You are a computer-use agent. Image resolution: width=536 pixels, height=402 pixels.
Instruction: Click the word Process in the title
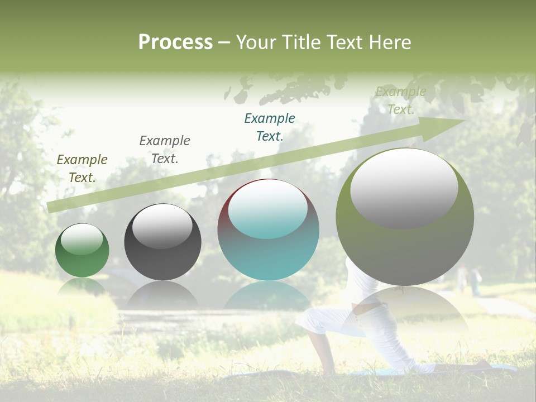tap(175, 42)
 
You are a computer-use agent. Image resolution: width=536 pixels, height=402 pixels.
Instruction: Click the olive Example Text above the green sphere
tap(82, 169)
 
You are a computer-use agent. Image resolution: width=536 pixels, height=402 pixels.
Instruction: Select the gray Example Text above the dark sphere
tap(164, 150)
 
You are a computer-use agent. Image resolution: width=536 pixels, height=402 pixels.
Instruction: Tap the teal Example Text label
tap(270, 127)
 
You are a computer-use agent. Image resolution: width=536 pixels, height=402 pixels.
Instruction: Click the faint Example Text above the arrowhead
tap(401, 100)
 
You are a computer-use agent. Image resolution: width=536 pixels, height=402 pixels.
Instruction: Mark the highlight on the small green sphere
tap(82, 239)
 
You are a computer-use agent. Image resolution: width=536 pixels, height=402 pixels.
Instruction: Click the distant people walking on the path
tap(468, 279)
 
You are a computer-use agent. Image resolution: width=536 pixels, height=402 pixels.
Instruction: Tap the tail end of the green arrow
tap(49, 207)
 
